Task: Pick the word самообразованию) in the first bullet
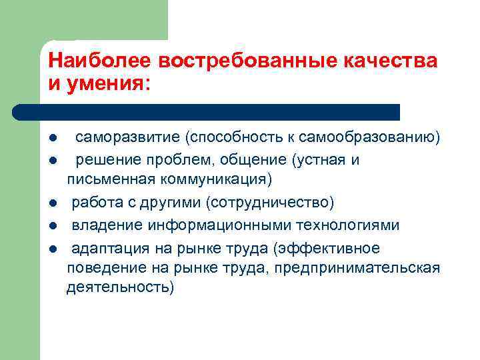[x=369, y=137]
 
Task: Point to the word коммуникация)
[x=215, y=179]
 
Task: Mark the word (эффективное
[x=331, y=248]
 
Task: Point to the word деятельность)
[x=120, y=287]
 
